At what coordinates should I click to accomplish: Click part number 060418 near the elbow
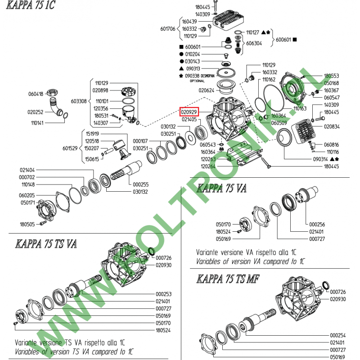(x=36, y=94)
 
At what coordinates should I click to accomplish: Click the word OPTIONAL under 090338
(x=197, y=81)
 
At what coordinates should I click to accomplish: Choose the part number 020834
(x=332, y=127)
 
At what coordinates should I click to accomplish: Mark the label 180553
(x=332, y=76)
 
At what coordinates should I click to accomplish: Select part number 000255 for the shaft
(x=141, y=184)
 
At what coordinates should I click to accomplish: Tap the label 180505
(x=27, y=224)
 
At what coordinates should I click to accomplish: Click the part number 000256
(x=317, y=224)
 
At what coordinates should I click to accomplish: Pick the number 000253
(x=164, y=293)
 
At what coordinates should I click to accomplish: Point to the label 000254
(x=337, y=335)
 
